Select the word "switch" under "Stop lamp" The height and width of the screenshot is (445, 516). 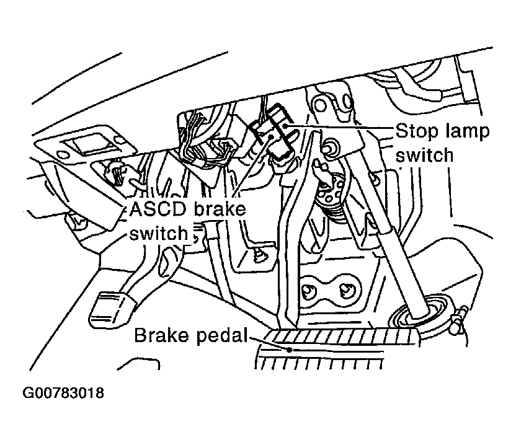coord(425,155)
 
